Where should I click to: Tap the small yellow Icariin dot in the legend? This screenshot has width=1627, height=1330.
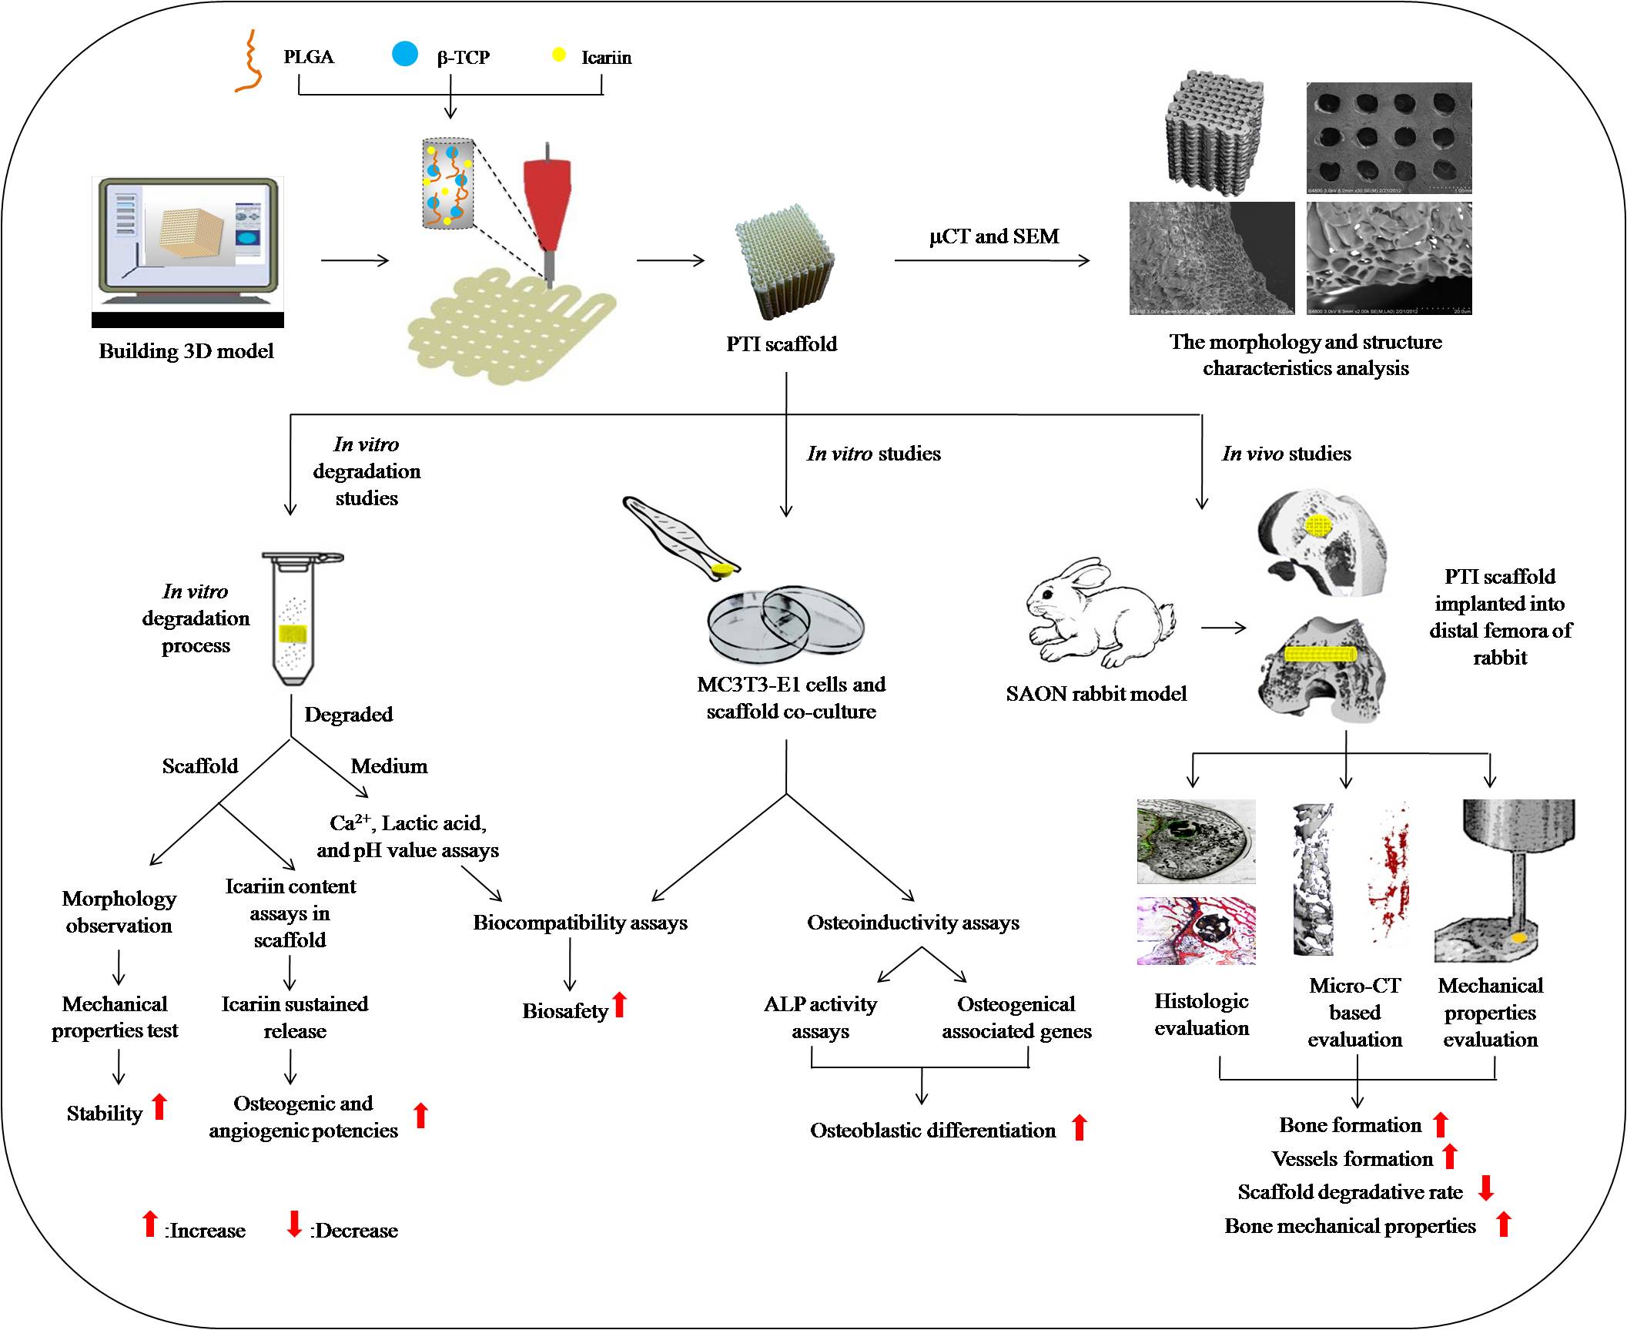(x=560, y=55)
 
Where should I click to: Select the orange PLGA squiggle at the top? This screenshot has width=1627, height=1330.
(x=248, y=62)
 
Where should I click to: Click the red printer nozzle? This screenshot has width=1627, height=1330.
(x=547, y=200)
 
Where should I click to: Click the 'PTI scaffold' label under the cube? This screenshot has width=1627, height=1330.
(x=782, y=343)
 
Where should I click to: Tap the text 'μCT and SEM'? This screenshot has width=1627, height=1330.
(x=993, y=236)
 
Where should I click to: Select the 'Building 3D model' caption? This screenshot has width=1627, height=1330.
(x=186, y=351)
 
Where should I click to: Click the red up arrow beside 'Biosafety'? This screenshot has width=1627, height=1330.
(x=620, y=1004)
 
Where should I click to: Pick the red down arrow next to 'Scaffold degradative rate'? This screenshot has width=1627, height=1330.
(x=1486, y=1188)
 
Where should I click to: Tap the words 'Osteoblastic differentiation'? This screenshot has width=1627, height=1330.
(x=932, y=1131)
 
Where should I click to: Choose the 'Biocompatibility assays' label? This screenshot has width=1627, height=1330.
(x=580, y=923)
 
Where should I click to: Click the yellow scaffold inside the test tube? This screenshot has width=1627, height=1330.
(x=293, y=635)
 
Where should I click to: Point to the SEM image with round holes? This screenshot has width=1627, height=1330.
(x=1389, y=137)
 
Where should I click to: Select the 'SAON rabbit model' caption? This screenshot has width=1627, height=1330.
(x=1096, y=694)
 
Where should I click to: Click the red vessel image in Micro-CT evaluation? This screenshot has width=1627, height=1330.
(x=1388, y=873)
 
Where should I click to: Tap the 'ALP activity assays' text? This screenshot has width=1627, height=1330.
(x=820, y=1017)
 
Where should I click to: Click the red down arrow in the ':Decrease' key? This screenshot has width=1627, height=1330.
(x=294, y=1223)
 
